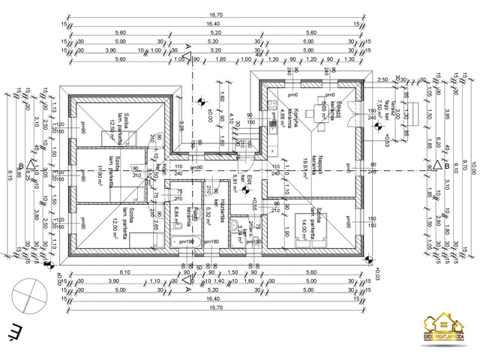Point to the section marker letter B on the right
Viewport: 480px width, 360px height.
tap(445, 165)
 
